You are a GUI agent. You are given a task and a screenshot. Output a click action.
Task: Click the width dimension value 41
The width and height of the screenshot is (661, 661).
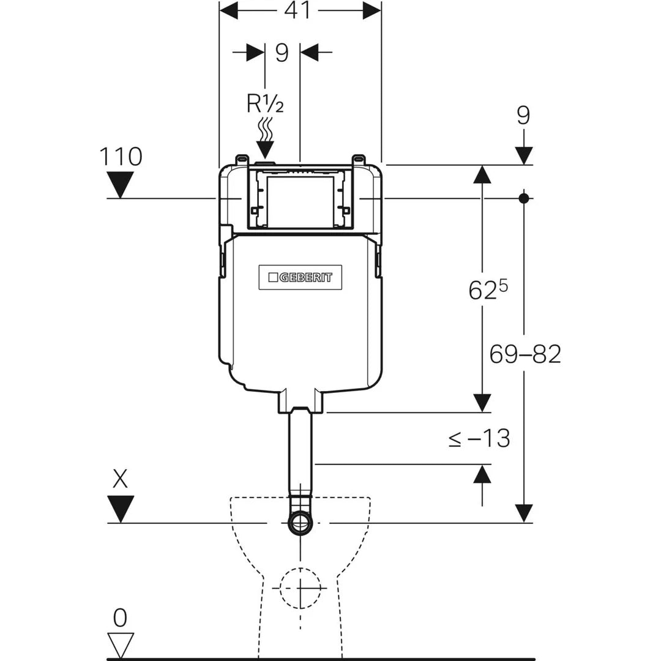point(298,10)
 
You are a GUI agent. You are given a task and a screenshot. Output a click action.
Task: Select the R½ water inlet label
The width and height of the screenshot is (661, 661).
point(265,104)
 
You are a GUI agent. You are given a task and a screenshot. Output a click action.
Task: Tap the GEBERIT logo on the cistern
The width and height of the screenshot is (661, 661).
point(300,277)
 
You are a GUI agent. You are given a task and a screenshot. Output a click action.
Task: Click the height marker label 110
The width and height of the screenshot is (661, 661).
point(120,157)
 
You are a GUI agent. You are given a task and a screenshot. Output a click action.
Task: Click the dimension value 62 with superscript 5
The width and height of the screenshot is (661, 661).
point(488,289)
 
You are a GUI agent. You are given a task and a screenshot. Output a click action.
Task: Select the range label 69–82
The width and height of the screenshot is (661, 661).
point(525,354)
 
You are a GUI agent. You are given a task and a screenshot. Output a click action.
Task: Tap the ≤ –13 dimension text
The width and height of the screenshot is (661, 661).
point(479,438)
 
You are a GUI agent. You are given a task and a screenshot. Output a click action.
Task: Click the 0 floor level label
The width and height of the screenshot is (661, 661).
point(120,619)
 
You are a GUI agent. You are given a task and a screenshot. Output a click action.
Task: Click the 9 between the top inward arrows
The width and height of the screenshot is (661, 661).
point(282,53)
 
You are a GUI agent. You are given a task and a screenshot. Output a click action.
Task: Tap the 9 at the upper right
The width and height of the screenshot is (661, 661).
point(523,116)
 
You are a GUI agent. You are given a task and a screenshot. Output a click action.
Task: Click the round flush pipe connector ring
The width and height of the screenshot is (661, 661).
point(300,522)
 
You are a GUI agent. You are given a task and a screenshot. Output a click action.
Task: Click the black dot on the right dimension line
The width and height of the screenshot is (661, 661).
point(524,198)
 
